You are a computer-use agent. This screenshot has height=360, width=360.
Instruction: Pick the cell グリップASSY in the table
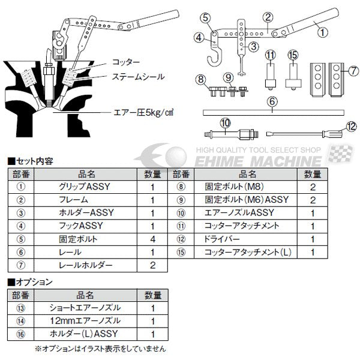[89, 187]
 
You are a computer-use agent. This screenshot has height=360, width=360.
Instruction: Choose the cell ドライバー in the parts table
[247, 239]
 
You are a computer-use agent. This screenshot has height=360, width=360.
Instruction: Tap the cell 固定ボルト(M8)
[247, 187]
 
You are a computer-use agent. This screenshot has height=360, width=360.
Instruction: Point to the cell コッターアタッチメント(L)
[247, 253]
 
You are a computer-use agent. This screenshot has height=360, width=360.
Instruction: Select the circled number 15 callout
[292, 55]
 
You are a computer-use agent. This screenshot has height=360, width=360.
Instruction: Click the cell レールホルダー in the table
[89, 266]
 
